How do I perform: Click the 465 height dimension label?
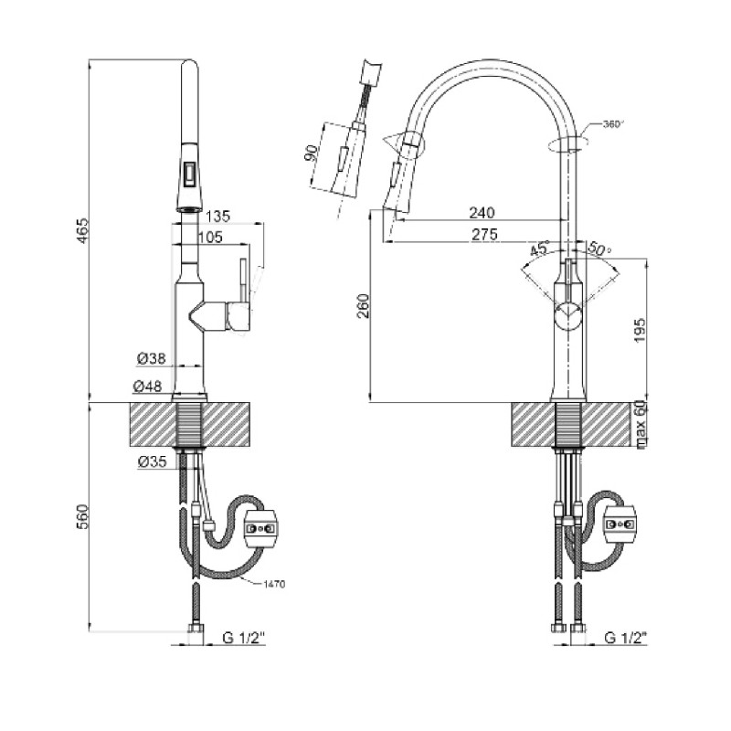[81, 230]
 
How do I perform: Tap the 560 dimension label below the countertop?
[81, 518]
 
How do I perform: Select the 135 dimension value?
[217, 217]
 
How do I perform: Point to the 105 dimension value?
[212, 238]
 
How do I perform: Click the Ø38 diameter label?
[151, 359]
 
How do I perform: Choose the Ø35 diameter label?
[151, 462]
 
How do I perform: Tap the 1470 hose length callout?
[273, 582]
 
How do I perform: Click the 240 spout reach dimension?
[482, 213]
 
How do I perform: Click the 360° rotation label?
[611, 125]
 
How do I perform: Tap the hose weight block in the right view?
[621, 522]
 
